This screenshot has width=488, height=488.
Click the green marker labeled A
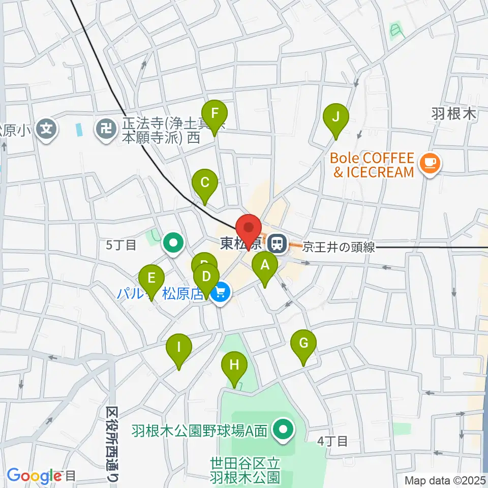pyautogui.click(x=265, y=265)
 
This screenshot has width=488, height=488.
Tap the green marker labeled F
pyautogui.click(x=215, y=114)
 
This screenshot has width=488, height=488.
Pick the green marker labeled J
pyautogui.click(x=336, y=117)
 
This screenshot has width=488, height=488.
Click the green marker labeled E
pyautogui.click(x=151, y=279)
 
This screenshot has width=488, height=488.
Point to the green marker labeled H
pyautogui.click(x=234, y=365)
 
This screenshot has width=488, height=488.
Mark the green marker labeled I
pyautogui.click(x=179, y=348)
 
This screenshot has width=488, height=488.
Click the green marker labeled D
pyautogui.click(x=206, y=278)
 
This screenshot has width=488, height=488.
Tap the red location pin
pyautogui.click(x=249, y=228)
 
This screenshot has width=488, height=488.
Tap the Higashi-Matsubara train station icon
pyautogui.click(x=278, y=244)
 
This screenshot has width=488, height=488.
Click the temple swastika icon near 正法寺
pyautogui.click(x=107, y=128)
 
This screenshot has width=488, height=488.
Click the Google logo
pyautogui.click(x=34, y=476)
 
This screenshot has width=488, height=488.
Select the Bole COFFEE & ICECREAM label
pyautogui.click(x=373, y=165)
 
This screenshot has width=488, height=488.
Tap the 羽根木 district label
pyautogui.click(x=454, y=113)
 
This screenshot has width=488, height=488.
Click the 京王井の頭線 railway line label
pyautogui.click(x=339, y=248)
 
